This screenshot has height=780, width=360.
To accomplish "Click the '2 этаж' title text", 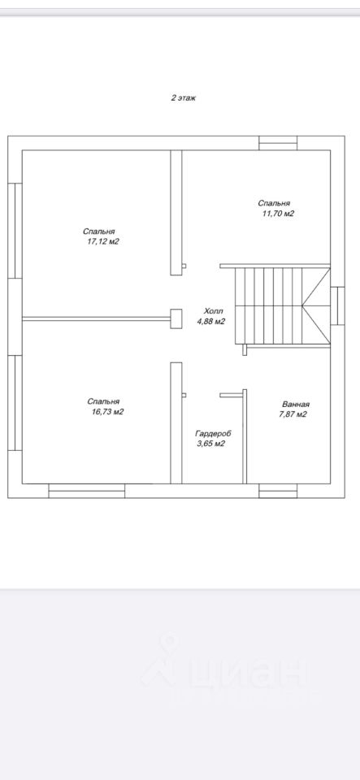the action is tap(184, 98).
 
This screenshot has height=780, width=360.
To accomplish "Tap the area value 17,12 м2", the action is tap(103, 242).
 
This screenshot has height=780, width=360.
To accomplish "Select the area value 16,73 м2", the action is tap(107, 412).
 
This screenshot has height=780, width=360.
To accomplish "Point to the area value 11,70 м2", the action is tap(279, 214).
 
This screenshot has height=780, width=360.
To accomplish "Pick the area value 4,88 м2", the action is tap(211, 322).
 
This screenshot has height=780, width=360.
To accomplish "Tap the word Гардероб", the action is tap(213, 433).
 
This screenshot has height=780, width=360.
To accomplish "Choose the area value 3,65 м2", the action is tap(211, 444).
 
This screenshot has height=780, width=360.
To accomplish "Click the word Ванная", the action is tap(296, 404).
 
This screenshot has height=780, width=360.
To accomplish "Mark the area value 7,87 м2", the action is tap(293, 414).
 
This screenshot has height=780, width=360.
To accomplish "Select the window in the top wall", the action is tap(278, 143).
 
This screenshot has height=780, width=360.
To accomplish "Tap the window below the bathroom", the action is tap(278, 491).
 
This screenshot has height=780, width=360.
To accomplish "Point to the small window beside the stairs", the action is tap(337, 305).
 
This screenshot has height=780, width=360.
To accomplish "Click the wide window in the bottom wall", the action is tap(86, 491).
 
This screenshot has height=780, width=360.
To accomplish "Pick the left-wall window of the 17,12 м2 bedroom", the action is tap(15, 230).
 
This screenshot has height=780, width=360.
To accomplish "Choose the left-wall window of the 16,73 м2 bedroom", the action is tap(15, 403).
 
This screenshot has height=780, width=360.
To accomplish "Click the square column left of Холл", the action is tap(176, 318).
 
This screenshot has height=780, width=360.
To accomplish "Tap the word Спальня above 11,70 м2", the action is tap(274, 203).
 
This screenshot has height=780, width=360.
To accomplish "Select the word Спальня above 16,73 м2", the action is tap(103, 401).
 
